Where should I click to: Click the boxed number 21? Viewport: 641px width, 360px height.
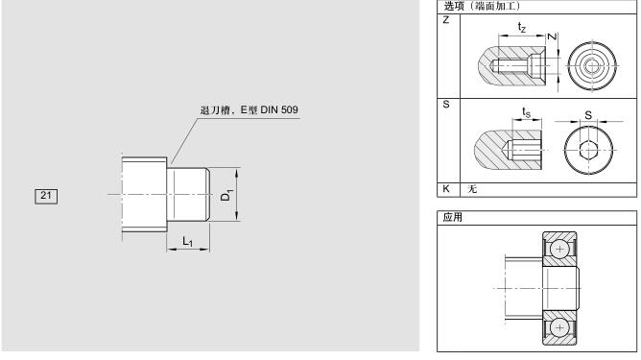tap(46, 196)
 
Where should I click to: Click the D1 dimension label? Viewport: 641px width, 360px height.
tap(226, 195)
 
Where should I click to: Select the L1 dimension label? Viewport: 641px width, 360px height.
tap(187, 241)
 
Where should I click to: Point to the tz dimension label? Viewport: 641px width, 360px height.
tap(522, 28)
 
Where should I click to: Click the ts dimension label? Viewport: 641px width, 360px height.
tap(526, 112)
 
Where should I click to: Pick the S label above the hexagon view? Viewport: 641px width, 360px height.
tap(588, 115)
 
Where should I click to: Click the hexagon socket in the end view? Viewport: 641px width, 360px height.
tap(588, 150)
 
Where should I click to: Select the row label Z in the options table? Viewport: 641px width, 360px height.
tap(446, 20)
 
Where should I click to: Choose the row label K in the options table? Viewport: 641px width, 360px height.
tap(446, 188)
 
